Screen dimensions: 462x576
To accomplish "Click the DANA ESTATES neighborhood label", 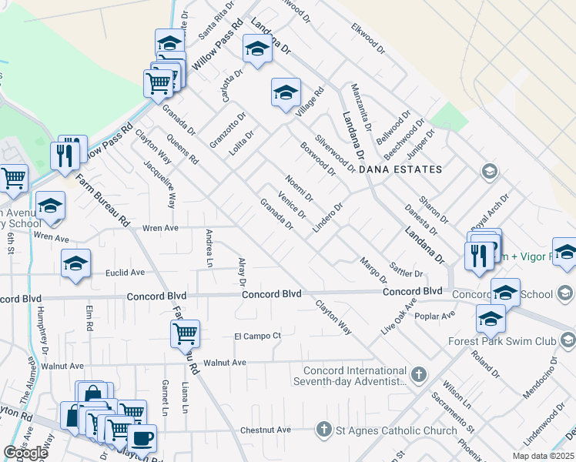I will click(407, 169).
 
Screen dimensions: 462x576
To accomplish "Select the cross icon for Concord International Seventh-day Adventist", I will click(418, 375).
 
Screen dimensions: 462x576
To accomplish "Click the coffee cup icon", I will click(141, 439).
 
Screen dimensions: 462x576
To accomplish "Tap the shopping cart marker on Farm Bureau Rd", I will click(185, 334).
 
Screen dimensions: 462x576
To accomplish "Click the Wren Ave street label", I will click(160, 228).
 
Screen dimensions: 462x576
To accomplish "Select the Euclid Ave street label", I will click(126, 273).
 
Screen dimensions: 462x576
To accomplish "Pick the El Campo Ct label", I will click(257, 336).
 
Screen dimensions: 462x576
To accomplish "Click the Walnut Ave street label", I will click(224, 362).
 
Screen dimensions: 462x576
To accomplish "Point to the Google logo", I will click(25, 453).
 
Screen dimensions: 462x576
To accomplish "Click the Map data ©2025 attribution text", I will click(542, 456).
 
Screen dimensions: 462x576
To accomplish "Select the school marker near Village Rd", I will click(285, 94).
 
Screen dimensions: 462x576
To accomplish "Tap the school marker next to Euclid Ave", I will click(75, 263).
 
